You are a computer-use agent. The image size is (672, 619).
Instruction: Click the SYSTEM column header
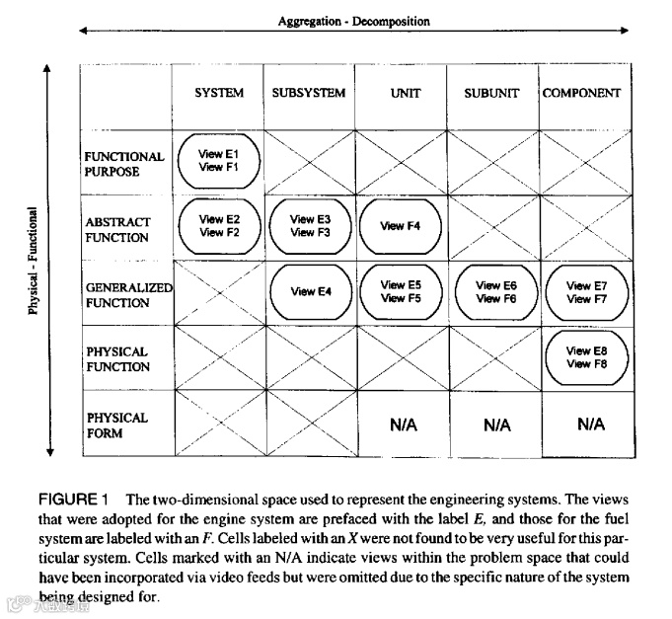point(218,93)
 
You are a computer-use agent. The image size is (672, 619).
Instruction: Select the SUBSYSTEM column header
point(309,93)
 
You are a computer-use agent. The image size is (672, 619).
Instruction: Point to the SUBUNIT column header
point(491,93)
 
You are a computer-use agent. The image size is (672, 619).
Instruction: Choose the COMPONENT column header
point(582,93)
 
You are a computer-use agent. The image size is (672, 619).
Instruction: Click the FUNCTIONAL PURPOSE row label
point(124,163)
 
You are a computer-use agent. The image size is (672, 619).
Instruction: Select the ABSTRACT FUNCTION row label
point(117,229)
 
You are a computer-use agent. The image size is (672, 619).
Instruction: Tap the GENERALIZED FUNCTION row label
point(128,294)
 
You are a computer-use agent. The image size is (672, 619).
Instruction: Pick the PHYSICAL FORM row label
point(116,425)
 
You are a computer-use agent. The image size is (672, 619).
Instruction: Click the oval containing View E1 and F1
point(218,161)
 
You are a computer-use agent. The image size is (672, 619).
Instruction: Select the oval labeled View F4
point(401,226)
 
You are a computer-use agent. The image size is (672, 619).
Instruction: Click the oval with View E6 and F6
point(489,292)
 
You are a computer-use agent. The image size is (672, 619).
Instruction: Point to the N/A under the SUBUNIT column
point(497,426)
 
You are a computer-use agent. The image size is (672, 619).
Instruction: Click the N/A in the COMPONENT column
point(590,425)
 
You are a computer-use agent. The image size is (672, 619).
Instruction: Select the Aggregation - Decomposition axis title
point(353,20)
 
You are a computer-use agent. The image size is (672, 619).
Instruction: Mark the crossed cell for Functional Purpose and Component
point(585,162)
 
